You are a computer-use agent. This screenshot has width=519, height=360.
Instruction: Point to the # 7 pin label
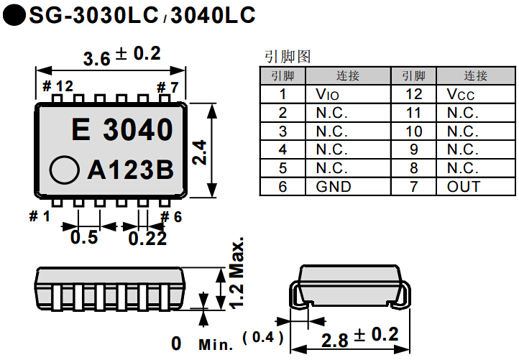(167, 87)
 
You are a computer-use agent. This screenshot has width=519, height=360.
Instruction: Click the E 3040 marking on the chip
(123, 130)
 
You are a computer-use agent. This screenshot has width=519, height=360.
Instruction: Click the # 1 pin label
(40, 216)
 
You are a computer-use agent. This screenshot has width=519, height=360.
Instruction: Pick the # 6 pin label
(171, 216)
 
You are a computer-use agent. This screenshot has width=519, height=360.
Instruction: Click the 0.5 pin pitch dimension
(84, 237)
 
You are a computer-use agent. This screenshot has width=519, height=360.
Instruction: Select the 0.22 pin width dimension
(147, 238)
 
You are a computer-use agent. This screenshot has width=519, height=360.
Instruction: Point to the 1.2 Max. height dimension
(237, 273)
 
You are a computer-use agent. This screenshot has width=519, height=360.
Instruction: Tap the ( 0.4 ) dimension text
(263, 336)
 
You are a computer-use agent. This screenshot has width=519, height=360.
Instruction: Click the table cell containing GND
(348, 187)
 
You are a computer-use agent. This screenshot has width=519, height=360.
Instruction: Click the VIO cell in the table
(348, 94)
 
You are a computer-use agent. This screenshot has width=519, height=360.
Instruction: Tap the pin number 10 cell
(413, 131)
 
